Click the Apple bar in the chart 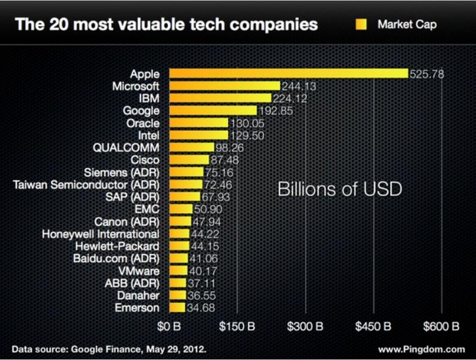tap(288, 74)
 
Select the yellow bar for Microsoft tap(224, 86)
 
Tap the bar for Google tap(213, 110)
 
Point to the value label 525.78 tap(426, 74)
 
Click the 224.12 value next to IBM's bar tap(290, 98)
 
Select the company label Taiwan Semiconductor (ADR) tap(86, 184)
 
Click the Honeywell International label tap(100, 233)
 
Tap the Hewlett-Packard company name tap(117, 246)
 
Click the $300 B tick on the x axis tap(305, 327)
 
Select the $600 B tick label tap(441, 327)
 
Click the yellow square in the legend tap(361, 25)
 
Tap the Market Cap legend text tap(407, 25)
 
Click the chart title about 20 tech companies tap(166, 25)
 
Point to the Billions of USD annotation tap(339, 189)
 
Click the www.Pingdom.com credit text tap(421, 349)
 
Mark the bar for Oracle tap(198, 123)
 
